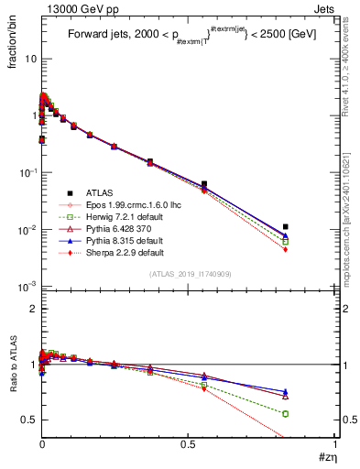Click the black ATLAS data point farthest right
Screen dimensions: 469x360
[x=286, y=226]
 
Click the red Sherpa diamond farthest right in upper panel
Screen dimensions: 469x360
[x=286, y=249]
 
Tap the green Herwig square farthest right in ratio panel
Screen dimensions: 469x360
[x=286, y=414]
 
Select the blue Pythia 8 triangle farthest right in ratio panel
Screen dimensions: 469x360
[x=286, y=392]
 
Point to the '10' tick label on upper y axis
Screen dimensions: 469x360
[x=27, y=59]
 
